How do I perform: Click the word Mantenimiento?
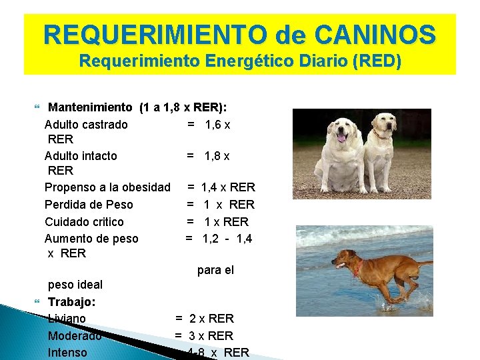pos(91,107)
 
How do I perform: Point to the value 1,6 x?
pos(217,124)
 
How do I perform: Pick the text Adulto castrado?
pos(86,124)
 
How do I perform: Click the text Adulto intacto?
pos(81,155)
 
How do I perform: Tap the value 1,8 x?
pos(217,155)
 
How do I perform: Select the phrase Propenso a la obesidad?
pos(107,187)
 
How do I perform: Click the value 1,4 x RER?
pos(227,187)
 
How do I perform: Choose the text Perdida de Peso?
pos(89,205)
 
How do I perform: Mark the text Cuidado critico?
pos(84,221)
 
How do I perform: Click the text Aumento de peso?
pos(91,238)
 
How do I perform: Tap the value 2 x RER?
pos(211,319)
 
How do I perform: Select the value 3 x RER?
pos(211,336)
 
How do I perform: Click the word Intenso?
pos(67,353)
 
